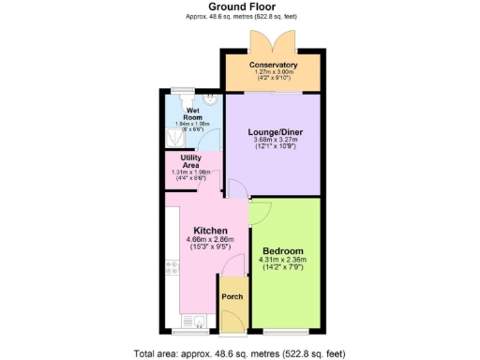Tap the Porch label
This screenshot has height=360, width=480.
(x=232, y=297)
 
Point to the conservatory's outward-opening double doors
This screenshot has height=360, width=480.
(x=261, y=43)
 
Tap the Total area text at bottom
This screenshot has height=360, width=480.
(x=239, y=352)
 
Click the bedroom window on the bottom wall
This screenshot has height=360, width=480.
(x=281, y=331)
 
